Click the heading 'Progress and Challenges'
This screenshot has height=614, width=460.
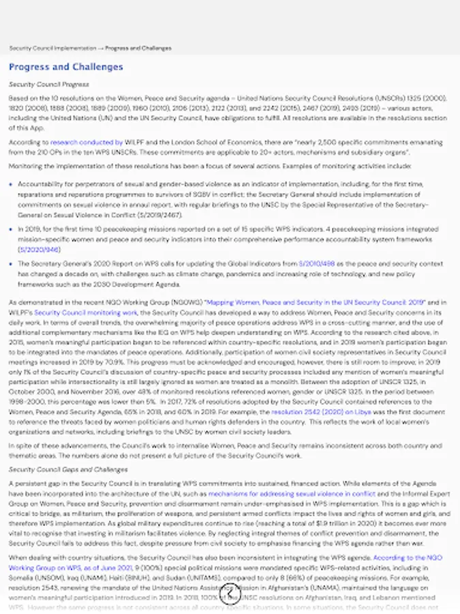click(66, 67)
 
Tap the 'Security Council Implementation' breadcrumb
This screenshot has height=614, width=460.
click(52, 48)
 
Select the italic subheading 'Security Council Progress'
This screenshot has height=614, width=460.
click(48, 85)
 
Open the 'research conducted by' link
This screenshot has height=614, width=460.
click(87, 143)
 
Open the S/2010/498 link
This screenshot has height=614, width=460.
click(318, 263)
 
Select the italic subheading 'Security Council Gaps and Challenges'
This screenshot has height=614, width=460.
click(67, 469)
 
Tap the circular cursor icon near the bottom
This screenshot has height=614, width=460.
click(230, 598)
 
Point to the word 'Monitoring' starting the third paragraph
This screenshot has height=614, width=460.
click(24, 166)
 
